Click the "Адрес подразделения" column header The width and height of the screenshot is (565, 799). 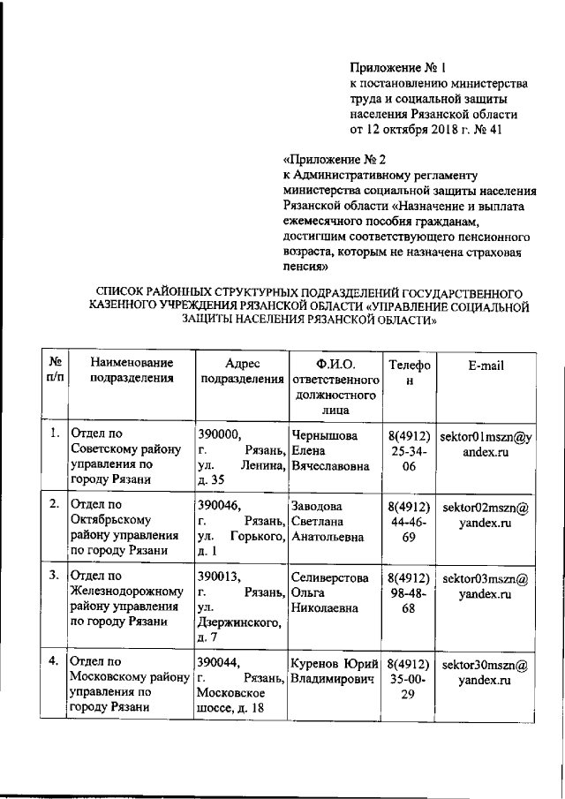coord(239,372)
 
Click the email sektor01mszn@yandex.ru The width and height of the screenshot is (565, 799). coord(486,443)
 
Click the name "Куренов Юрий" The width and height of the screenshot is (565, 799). coord(335,663)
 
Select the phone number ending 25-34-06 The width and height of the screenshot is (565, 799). coord(409,451)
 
